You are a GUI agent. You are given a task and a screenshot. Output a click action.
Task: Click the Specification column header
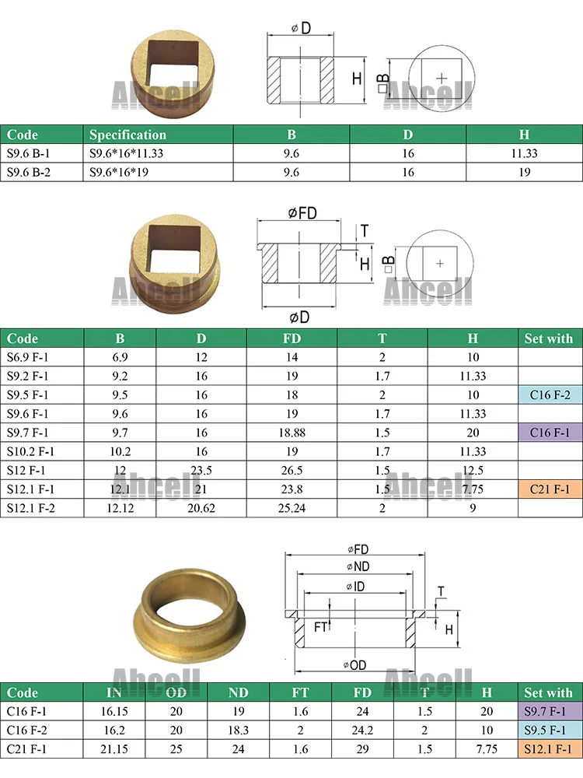tap(127, 135)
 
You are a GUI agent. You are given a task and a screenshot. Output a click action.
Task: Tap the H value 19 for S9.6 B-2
tap(525, 172)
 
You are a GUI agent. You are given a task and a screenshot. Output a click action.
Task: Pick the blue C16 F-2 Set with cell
tap(550, 394)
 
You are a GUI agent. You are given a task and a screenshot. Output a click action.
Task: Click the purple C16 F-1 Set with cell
tap(550, 432)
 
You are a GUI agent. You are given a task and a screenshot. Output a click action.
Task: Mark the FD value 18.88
tap(292, 432)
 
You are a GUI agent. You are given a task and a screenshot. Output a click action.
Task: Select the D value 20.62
tap(201, 507)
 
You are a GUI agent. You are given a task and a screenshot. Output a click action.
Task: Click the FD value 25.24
tap(292, 507)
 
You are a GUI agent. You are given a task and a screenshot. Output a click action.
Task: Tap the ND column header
tap(239, 692)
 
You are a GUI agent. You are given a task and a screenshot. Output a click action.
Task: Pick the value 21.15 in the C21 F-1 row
tap(113, 748)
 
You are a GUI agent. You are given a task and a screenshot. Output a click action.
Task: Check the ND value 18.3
tap(239, 730)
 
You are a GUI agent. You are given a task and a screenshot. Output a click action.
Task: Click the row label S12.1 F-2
tap(32, 507)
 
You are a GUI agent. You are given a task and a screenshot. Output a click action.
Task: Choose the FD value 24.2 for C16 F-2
tap(362, 730)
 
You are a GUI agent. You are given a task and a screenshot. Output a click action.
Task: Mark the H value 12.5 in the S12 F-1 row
tap(473, 470)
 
